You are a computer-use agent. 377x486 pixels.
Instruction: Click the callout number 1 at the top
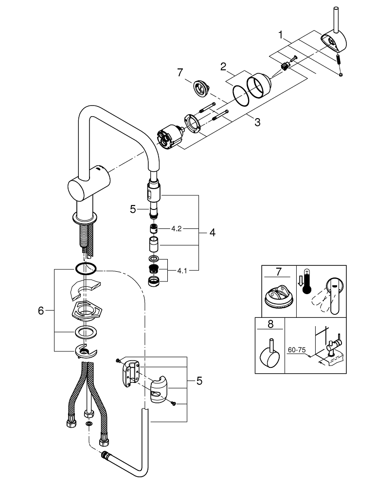tap(280, 35)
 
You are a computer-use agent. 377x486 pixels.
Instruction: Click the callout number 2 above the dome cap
tap(223, 66)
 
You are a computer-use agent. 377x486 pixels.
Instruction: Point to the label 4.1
tap(182, 271)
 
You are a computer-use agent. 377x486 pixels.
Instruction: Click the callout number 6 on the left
tap(41, 310)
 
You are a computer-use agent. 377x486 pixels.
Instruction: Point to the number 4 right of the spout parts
tap(212, 233)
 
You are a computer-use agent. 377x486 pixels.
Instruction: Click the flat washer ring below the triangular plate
tap(85, 333)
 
